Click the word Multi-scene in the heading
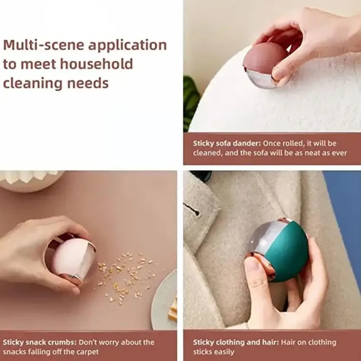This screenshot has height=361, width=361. [x=43, y=45]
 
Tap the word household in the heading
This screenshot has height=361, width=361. [x=97, y=64]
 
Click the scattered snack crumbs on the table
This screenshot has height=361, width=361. [x=125, y=276]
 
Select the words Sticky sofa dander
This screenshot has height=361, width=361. [x=227, y=143]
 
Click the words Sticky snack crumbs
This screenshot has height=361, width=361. [x=39, y=342]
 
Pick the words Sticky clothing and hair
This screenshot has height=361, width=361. [x=236, y=342]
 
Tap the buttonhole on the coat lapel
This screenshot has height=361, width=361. [x=192, y=210]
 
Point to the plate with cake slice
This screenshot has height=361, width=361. [x=165, y=302]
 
